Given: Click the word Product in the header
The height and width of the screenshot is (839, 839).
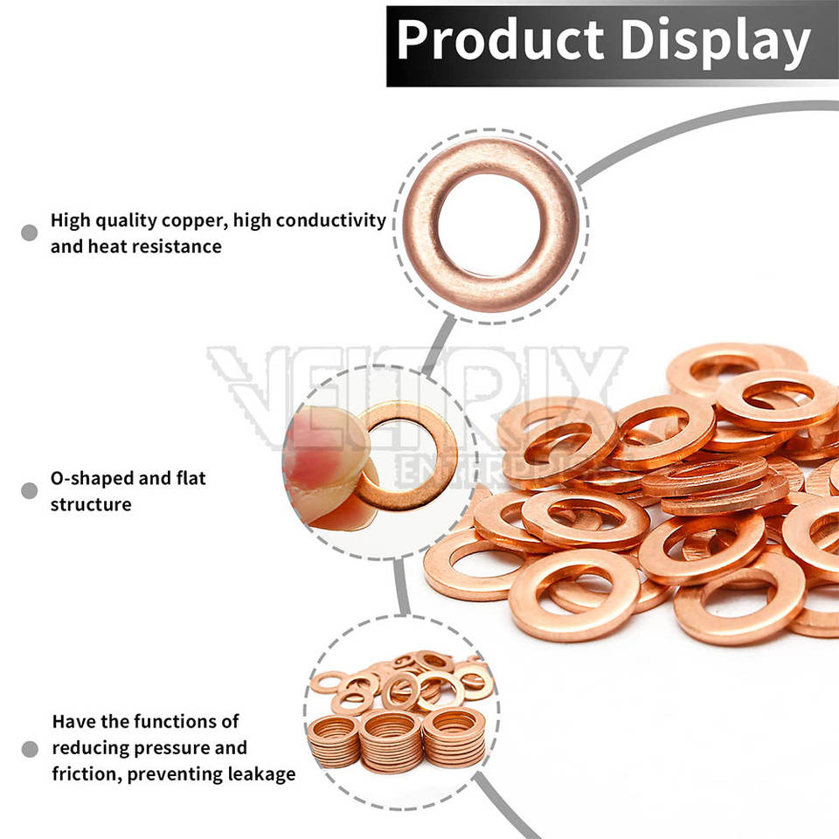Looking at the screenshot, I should click(500, 41).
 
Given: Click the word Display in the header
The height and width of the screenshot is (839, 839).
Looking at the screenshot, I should click(708, 41).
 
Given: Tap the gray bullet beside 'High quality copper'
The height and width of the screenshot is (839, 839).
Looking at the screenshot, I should click(29, 232).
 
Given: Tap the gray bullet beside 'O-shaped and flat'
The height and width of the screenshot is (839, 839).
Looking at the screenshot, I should click(29, 490).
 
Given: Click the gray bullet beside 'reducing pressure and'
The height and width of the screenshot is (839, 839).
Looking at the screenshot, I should click(29, 749).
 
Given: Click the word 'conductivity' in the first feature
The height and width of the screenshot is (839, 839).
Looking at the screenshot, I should click(332, 220).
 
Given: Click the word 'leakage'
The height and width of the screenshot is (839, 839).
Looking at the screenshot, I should click(260, 773).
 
